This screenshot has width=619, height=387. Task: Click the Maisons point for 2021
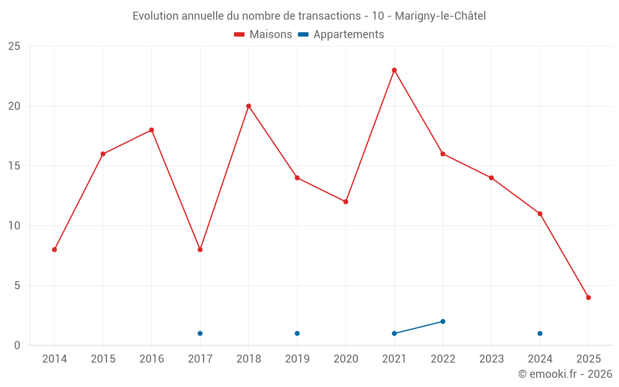pyautogui.click(x=394, y=70)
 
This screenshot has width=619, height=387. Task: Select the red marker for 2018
pyautogui.click(x=249, y=106)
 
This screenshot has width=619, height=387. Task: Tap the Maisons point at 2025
pyautogui.click(x=589, y=297)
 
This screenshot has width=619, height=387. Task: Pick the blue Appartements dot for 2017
pyautogui.click(x=200, y=333)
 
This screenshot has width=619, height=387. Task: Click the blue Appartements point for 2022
pyautogui.click(x=443, y=321)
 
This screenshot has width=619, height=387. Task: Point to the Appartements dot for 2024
pyautogui.click(x=540, y=333)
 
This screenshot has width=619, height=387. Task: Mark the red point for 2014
pyautogui.click(x=54, y=250)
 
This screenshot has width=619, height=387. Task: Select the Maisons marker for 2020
pyautogui.click(x=346, y=202)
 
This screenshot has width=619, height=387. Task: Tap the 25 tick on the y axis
pyautogui.click(x=14, y=46)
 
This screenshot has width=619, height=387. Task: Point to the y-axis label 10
pyautogui.click(x=14, y=226)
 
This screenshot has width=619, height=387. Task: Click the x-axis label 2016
pyautogui.click(x=152, y=359)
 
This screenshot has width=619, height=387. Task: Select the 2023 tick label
pyautogui.click(x=491, y=359)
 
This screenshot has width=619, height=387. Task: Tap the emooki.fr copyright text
pyautogui.click(x=565, y=374)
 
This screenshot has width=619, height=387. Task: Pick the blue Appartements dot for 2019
pyautogui.click(x=297, y=333)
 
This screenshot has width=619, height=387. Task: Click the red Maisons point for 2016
pyautogui.click(x=152, y=130)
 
